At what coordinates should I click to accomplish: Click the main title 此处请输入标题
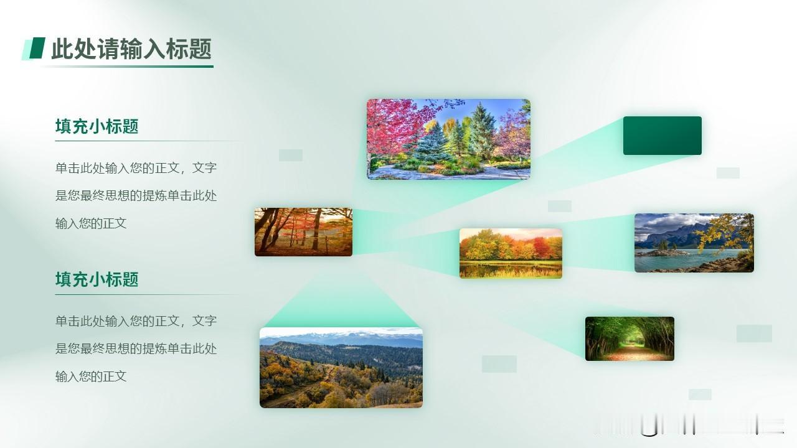(131, 49)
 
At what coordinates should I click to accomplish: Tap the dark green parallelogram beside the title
(37, 48)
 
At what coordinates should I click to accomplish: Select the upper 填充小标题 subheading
(97, 126)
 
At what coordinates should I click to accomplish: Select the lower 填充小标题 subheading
(97, 279)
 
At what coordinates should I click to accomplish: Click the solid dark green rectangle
(662, 136)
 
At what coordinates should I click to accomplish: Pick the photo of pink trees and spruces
(449, 139)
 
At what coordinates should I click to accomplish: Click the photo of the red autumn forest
(303, 232)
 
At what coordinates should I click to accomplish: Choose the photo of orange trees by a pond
(511, 253)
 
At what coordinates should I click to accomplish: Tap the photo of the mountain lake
(694, 243)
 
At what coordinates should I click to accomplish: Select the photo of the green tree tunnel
(630, 338)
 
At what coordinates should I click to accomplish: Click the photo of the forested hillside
(341, 368)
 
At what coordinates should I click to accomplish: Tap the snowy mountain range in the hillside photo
(342, 338)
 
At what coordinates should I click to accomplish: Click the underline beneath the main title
(128, 66)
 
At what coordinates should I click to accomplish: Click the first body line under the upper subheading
(136, 168)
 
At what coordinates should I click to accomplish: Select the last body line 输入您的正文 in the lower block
(91, 376)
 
